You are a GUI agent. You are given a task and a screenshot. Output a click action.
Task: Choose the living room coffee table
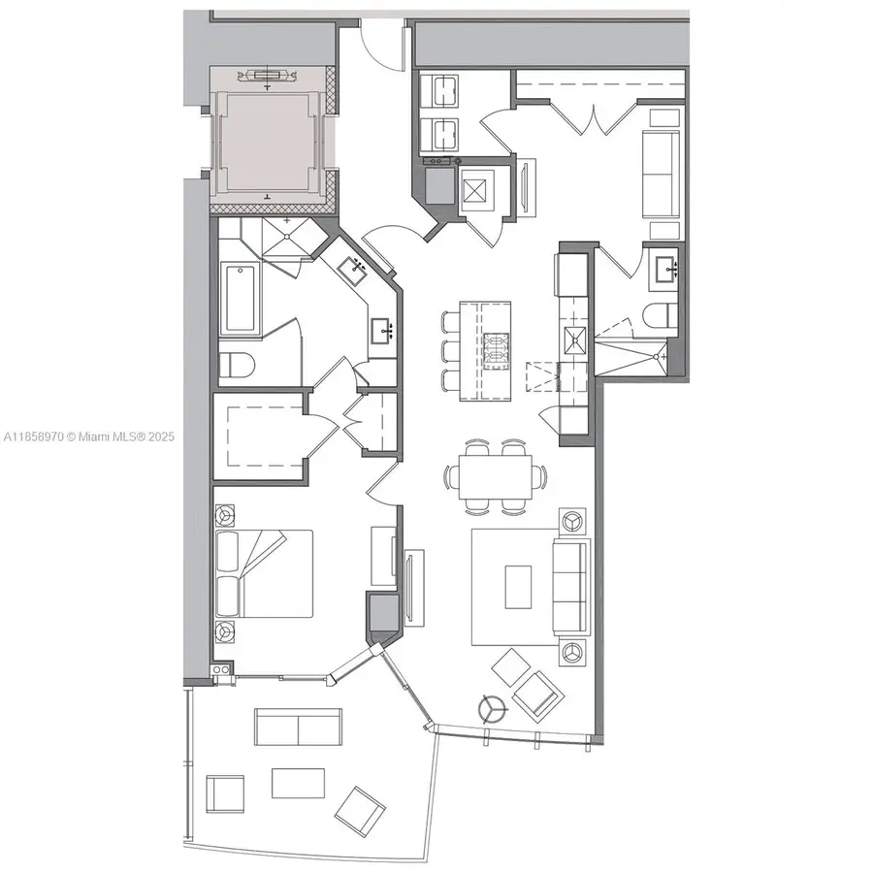pos(518,587)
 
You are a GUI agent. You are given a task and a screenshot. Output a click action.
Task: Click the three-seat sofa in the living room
pos(569,586)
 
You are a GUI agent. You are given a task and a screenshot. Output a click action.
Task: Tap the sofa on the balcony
pos(297,727)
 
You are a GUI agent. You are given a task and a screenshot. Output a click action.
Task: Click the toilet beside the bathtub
pos(237,366)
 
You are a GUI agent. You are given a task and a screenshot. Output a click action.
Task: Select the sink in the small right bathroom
pos(664,267)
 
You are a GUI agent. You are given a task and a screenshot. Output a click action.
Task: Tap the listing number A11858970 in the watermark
pos(32,437)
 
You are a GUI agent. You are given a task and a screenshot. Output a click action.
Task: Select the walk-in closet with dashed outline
pos(258,436)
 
